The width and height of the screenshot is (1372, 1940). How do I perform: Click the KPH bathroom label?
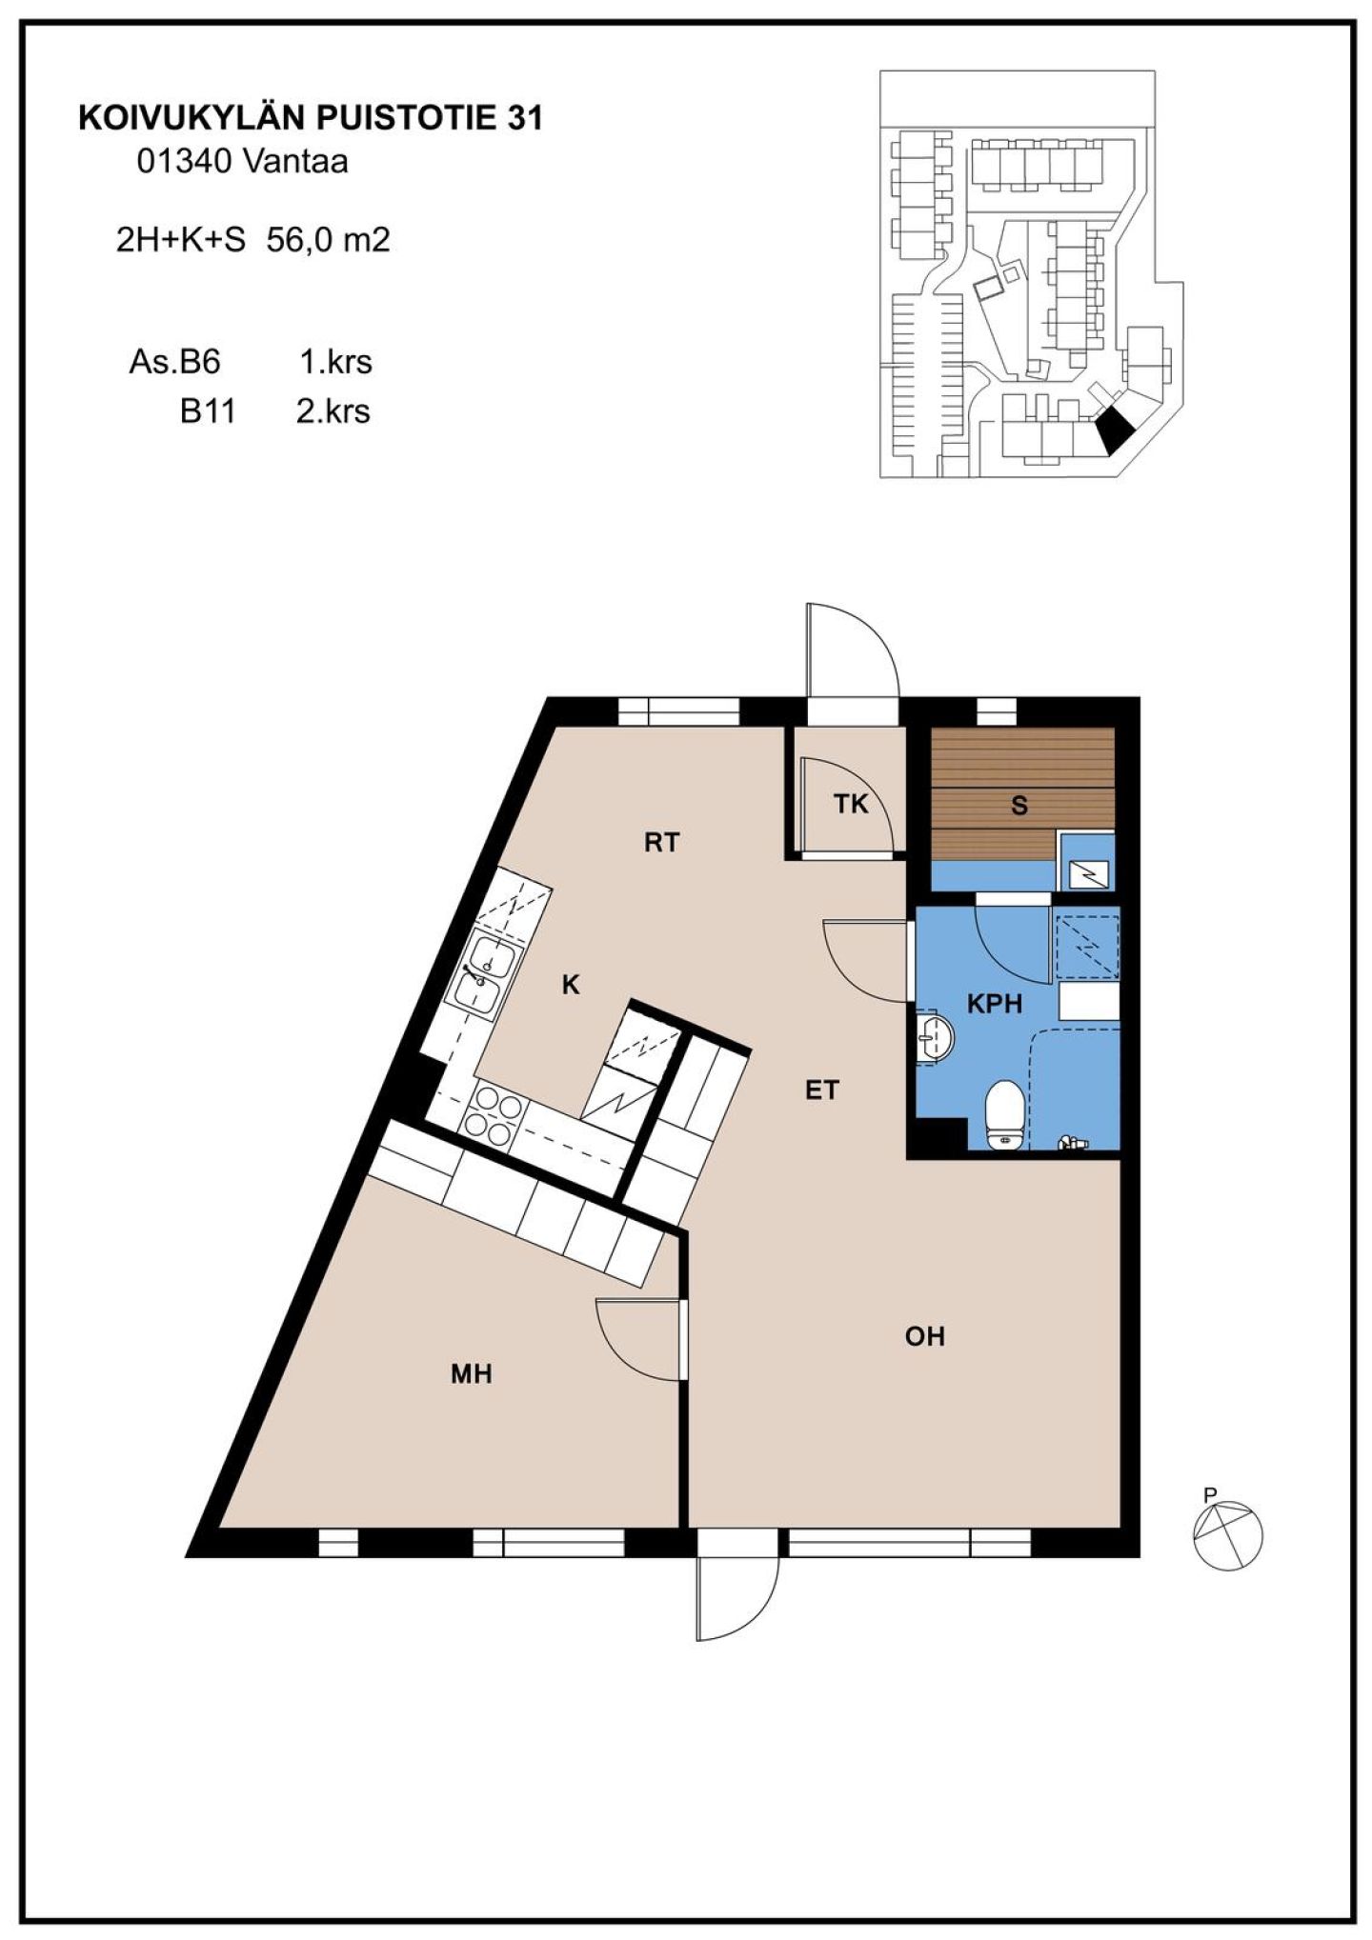(x=994, y=1004)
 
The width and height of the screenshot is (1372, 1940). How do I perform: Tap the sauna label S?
(x=1019, y=807)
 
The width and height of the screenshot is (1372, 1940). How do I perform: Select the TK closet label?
(x=852, y=805)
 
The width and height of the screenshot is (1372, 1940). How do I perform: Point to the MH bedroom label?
(x=472, y=1373)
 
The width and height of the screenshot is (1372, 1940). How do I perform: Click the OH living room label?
(x=924, y=1336)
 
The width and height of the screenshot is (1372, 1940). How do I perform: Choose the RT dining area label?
(x=661, y=843)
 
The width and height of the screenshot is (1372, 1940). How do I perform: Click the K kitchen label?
(x=571, y=986)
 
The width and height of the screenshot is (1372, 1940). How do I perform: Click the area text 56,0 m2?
(x=329, y=240)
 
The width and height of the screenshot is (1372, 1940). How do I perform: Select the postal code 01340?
(x=182, y=162)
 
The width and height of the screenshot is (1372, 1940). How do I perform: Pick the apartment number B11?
(x=208, y=411)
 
